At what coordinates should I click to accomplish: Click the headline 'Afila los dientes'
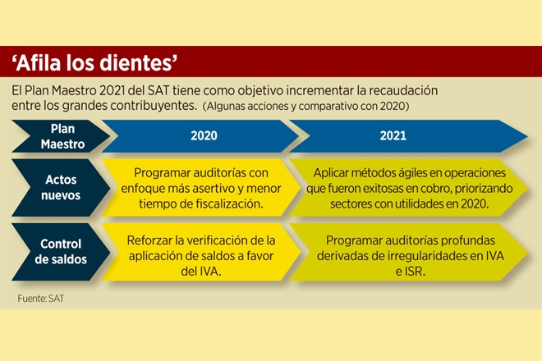[94, 62]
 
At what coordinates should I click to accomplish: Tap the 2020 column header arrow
[200, 135]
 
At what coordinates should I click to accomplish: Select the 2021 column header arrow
[408, 135]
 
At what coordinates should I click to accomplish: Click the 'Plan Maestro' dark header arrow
[61, 136]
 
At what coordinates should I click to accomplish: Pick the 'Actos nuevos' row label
[61, 188]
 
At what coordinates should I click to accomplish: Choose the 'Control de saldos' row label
[61, 252]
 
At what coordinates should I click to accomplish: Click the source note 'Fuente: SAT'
[41, 299]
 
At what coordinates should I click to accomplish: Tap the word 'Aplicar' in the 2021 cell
[331, 173]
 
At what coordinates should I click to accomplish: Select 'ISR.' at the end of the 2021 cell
[416, 272]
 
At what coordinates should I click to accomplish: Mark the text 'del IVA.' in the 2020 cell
[201, 272]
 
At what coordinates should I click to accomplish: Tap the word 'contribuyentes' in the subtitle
[160, 106]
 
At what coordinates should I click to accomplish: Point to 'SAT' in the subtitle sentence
[158, 90]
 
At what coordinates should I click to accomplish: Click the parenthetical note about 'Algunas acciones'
[305, 106]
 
